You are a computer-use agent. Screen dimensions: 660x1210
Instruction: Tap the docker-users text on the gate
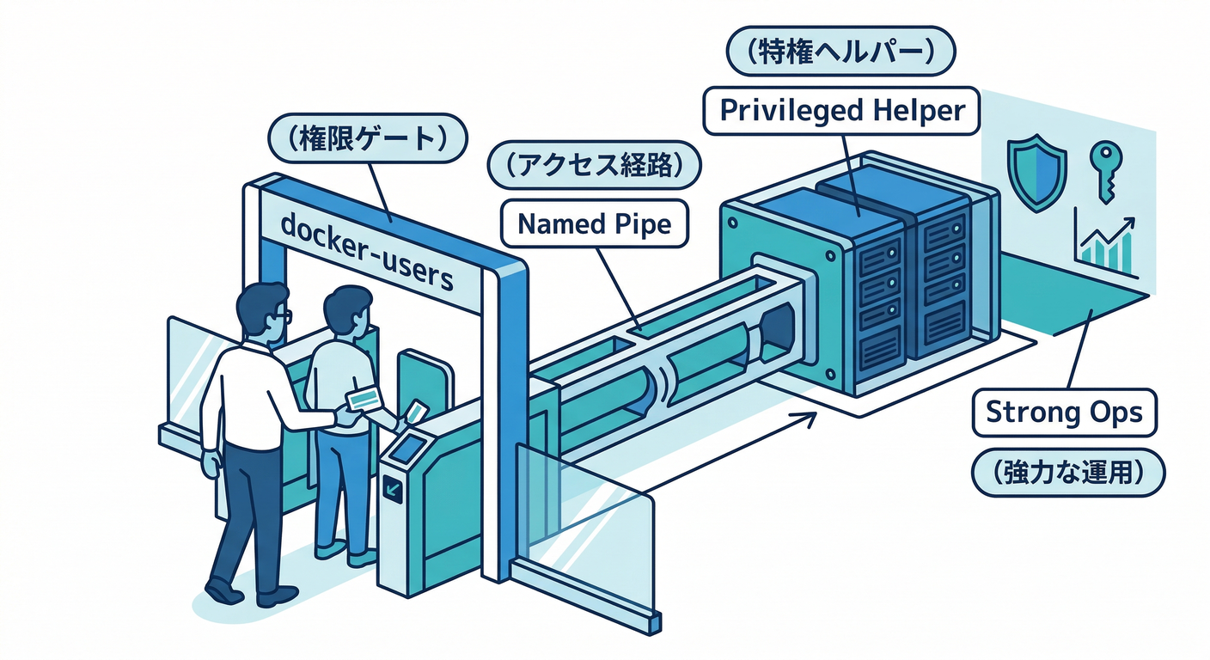tap(367, 251)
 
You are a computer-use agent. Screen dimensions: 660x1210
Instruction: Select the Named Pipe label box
tap(593, 223)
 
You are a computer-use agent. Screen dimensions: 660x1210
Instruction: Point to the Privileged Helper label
tap(841, 110)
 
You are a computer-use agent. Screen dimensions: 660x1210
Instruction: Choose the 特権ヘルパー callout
tap(841, 53)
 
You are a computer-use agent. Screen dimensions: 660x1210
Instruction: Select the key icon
tap(1103, 168)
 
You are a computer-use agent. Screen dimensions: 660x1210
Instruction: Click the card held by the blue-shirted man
tap(417, 412)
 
